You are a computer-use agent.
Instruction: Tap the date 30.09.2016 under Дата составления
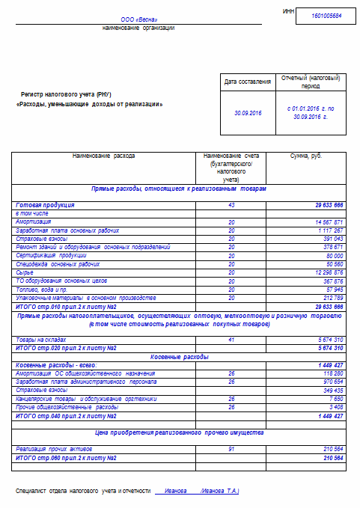pos(248,112)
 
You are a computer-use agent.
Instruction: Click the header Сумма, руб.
pos(305,156)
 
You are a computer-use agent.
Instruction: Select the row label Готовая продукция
pos(45,204)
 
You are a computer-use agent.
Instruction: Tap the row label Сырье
pos(24,272)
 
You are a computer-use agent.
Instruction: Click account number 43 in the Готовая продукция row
pos(231,204)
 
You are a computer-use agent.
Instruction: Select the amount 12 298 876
pos(325,272)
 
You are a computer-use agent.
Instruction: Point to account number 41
pos(231,340)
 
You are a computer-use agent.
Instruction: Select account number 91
pos(231,449)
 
